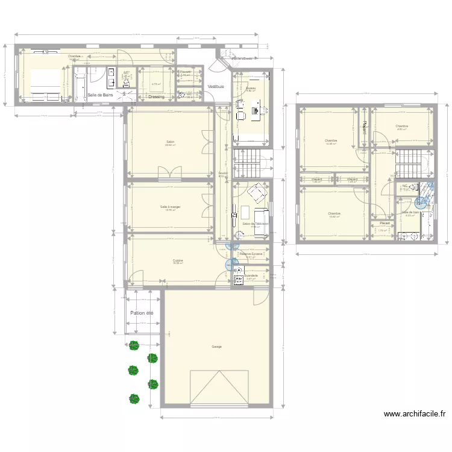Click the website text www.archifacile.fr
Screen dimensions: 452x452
tap(415, 414)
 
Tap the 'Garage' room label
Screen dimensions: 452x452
tap(216, 347)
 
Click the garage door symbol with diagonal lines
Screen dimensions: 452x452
tap(220, 386)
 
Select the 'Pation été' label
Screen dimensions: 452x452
tap(142, 313)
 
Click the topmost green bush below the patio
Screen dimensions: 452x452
tap(134, 346)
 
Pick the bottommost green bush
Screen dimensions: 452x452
tap(134, 398)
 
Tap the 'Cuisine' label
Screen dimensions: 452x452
tap(178, 260)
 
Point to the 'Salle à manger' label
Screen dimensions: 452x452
tap(171, 206)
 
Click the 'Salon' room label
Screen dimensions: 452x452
tap(171, 142)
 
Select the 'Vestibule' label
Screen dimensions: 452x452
tap(216, 87)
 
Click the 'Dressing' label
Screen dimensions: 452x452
tap(157, 96)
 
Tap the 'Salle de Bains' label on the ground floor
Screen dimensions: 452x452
tap(100, 95)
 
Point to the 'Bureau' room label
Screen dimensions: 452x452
tap(251, 88)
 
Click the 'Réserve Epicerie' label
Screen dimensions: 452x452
tap(251, 254)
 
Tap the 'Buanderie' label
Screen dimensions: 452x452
tap(251, 275)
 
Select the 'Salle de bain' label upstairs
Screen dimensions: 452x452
tap(410, 212)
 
